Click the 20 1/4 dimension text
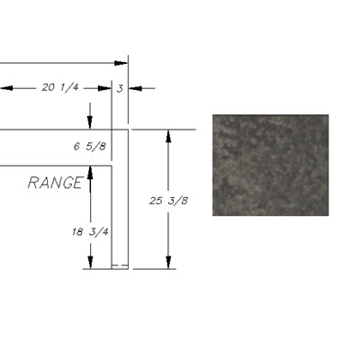coord(60,87)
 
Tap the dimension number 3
coord(120,89)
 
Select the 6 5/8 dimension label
coord(90,147)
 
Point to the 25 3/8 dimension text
coord(168,201)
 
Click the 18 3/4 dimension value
coord(90,231)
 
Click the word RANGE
coord(56,183)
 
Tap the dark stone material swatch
coord(271,165)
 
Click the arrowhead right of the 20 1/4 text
coord(104,88)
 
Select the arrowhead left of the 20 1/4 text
coord(6,88)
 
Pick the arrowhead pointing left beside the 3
coord(135,88)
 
